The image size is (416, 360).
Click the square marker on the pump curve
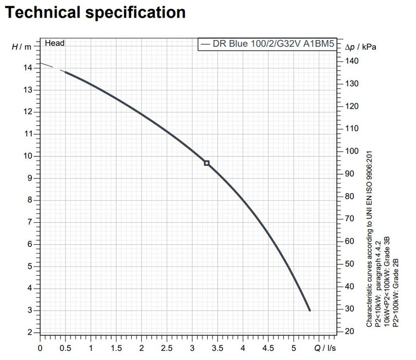click(x=207, y=163)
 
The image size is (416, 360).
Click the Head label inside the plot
click(x=55, y=43)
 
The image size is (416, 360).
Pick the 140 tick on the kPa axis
click(x=352, y=61)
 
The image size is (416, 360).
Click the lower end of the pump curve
click(x=310, y=310)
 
